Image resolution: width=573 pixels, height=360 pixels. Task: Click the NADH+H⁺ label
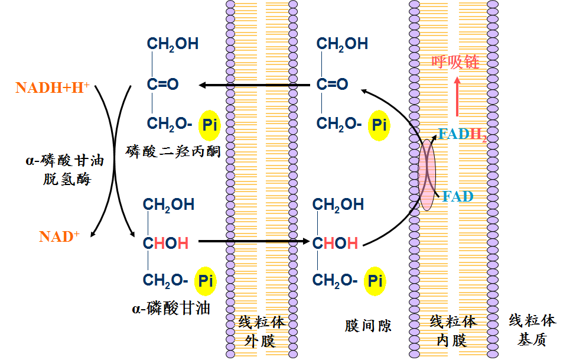point(52,87)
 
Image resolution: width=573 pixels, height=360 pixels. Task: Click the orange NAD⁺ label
point(59,236)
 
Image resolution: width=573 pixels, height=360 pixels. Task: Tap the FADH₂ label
point(463,135)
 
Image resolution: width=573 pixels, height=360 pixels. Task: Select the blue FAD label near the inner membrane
point(458,196)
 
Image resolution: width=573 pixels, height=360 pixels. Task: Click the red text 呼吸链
point(455,62)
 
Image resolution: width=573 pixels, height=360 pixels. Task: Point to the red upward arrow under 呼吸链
point(457,96)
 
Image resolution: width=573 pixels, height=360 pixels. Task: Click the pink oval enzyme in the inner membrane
point(427,174)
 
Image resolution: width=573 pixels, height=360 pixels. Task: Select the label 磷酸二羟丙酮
point(174,151)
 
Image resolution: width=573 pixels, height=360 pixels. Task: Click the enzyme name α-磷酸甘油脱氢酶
point(66,170)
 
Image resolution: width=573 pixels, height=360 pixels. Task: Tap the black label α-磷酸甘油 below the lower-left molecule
point(171,308)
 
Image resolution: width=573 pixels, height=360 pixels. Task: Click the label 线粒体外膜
point(261,332)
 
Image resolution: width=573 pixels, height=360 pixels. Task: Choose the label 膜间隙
point(368,325)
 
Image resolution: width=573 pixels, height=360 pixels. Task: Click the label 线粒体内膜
point(453,330)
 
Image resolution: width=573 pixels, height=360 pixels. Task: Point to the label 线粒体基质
point(532,330)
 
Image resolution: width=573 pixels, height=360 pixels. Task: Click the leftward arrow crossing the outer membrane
point(255,85)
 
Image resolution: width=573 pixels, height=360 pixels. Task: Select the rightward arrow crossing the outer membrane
point(255,241)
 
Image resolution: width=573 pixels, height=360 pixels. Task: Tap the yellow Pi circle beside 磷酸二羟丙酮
point(209,125)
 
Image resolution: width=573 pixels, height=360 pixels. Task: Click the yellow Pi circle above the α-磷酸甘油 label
point(206,281)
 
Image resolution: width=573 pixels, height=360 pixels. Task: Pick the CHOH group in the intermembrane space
point(335,243)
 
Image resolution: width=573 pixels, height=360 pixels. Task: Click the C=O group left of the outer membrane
point(162,84)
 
